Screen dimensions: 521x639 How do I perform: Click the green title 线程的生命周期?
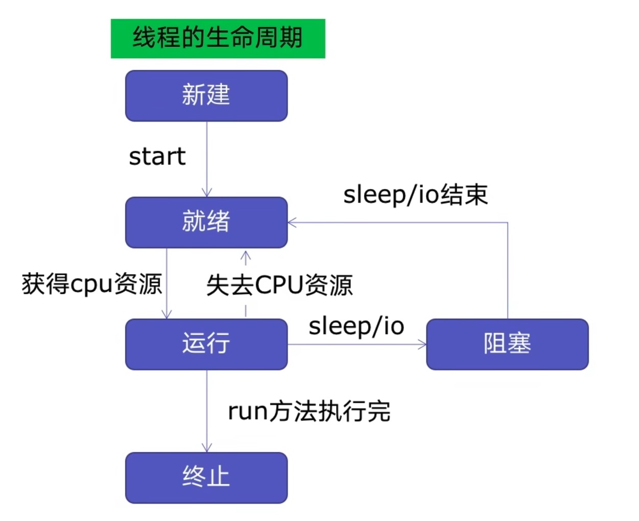click(218, 38)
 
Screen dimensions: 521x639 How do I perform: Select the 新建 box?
click(206, 96)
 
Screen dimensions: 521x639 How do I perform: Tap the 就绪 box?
click(206, 222)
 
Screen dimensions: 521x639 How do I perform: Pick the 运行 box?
click(206, 344)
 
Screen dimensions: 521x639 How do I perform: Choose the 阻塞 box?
click(507, 344)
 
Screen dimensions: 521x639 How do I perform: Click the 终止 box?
click(206, 477)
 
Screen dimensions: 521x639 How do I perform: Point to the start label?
click(157, 156)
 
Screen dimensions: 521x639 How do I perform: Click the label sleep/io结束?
click(415, 195)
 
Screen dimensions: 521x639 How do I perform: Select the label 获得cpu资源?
click(92, 284)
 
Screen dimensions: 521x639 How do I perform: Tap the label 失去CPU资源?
click(279, 285)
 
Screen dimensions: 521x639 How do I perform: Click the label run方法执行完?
click(309, 411)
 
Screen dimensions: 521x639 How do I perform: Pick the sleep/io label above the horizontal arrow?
click(356, 326)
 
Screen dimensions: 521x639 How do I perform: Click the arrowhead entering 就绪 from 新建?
click(207, 193)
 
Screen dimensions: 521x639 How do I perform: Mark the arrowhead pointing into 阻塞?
click(422, 344)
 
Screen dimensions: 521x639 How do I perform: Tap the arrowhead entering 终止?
click(207, 448)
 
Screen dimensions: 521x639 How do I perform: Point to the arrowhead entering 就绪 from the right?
click(292, 222)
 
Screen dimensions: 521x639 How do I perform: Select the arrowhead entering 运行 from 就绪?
click(167, 314)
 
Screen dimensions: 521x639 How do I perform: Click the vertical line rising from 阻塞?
click(507, 271)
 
